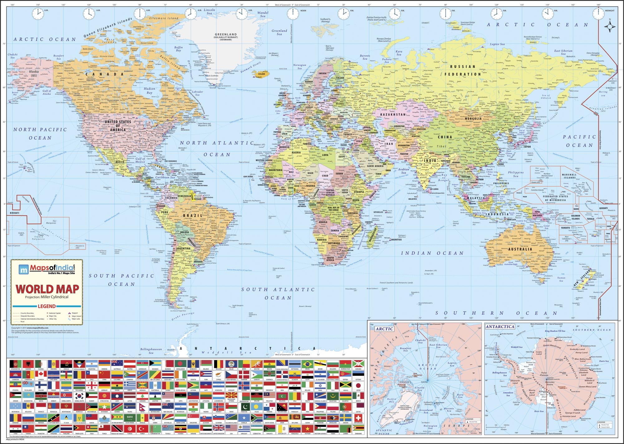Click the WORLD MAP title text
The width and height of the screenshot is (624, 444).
pos(47,289)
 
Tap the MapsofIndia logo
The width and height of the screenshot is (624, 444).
pos(47,269)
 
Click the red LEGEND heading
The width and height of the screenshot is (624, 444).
pos(47,306)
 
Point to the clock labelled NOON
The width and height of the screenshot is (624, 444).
pos(293,13)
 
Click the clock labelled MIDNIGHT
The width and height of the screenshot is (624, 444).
pos(598,13)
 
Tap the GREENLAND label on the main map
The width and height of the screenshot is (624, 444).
pos(226,34)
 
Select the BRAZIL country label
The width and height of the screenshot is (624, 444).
pos(193,216)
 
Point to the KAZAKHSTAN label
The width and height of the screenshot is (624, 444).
pos(393,115)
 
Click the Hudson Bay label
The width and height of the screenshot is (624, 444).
pos(149,91)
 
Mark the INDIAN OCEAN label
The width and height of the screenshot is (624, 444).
pos(432,253)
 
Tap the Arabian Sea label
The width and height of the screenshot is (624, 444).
pos(403,171)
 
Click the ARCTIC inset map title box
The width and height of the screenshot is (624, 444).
pos(384,329)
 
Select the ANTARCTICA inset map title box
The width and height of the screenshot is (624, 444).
pos(500,327)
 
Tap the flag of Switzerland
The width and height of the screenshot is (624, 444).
pos(358,418)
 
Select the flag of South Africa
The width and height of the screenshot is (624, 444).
pos(257,418)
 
